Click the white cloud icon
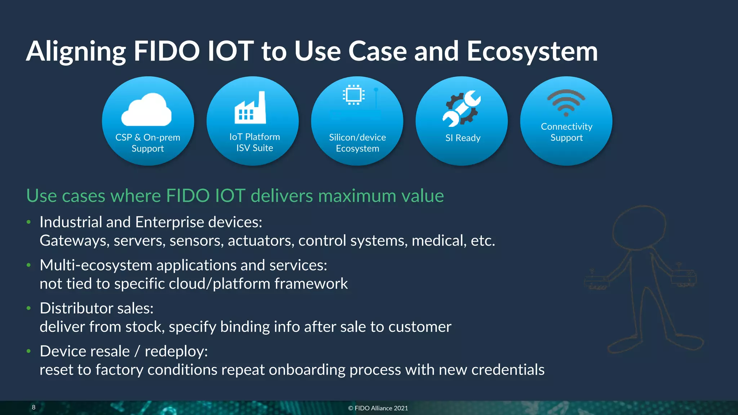point(146,110)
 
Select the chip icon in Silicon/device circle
point(354,95)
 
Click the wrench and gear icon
point(462,108)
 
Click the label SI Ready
point(463,138)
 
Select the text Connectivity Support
point(566,132)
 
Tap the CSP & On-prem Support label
point(148,143)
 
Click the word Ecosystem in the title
point(532,51)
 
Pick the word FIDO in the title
point(166,51)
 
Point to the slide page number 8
point(34,407)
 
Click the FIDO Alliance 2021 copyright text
point(378,408)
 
